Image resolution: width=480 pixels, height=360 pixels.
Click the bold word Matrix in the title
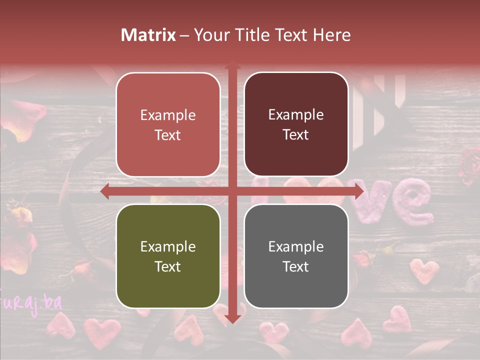tap(148, 35)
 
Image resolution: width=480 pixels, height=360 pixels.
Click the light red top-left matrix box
tap(168, 124)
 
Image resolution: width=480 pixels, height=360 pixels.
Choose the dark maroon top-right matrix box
tap(296, 124)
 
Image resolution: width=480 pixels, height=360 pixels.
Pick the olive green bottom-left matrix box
tap(168, 256)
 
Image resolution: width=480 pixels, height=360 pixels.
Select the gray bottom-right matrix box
tap(296, 256)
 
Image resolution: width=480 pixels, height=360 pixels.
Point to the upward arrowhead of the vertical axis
tap(232, 65)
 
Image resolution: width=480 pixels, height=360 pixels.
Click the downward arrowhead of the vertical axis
tap(232, 318)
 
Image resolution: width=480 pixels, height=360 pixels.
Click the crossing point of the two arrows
tap(232, 191)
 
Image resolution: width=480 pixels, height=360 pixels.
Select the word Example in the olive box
tap(168, 246)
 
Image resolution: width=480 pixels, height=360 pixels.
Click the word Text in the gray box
tap(296, 266)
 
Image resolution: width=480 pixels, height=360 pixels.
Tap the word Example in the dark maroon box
tap(296, 114)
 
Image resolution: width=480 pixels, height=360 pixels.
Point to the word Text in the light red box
tap(168, 135)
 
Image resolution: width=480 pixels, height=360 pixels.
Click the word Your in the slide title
tap(210, 35)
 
